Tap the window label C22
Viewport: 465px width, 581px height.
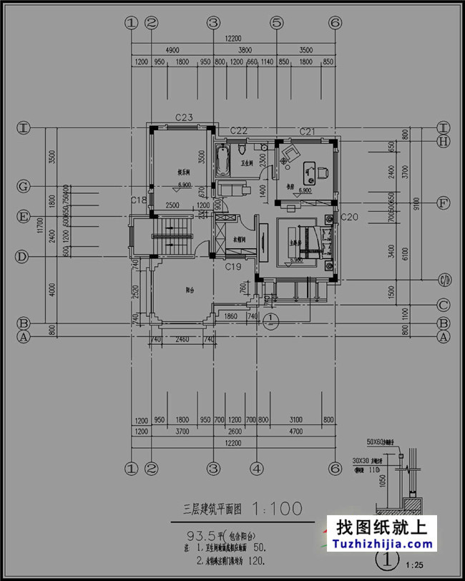(x=238, y=130)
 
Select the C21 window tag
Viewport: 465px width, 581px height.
(x=308, y=131)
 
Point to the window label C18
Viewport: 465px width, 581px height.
(x=139, y=200)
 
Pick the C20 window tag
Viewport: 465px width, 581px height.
(x=350, y=216)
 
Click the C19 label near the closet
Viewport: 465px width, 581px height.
(x=233, y=267)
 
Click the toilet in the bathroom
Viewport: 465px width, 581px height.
(x=241, y=152)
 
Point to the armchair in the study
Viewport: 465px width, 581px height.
(x=291, y=153)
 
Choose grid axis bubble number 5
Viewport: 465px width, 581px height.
(x=276, y=23)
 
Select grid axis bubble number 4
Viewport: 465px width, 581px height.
(x=255, y=469)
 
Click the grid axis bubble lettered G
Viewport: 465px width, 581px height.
(x=24, y=187)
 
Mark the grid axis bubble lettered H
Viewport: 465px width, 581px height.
(x=444, y=142)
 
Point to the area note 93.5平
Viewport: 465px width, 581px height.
(x=202, y=534)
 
